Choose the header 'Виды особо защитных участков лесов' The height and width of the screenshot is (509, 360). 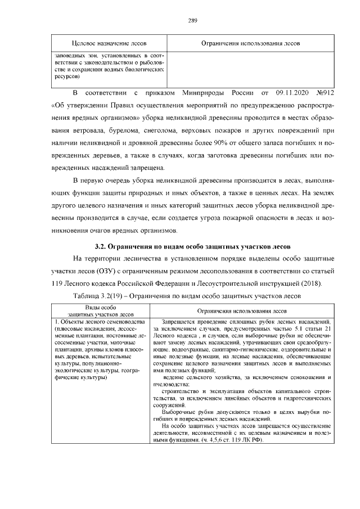coord(101,311)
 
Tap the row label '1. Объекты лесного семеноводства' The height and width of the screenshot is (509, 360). coord(99,321)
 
